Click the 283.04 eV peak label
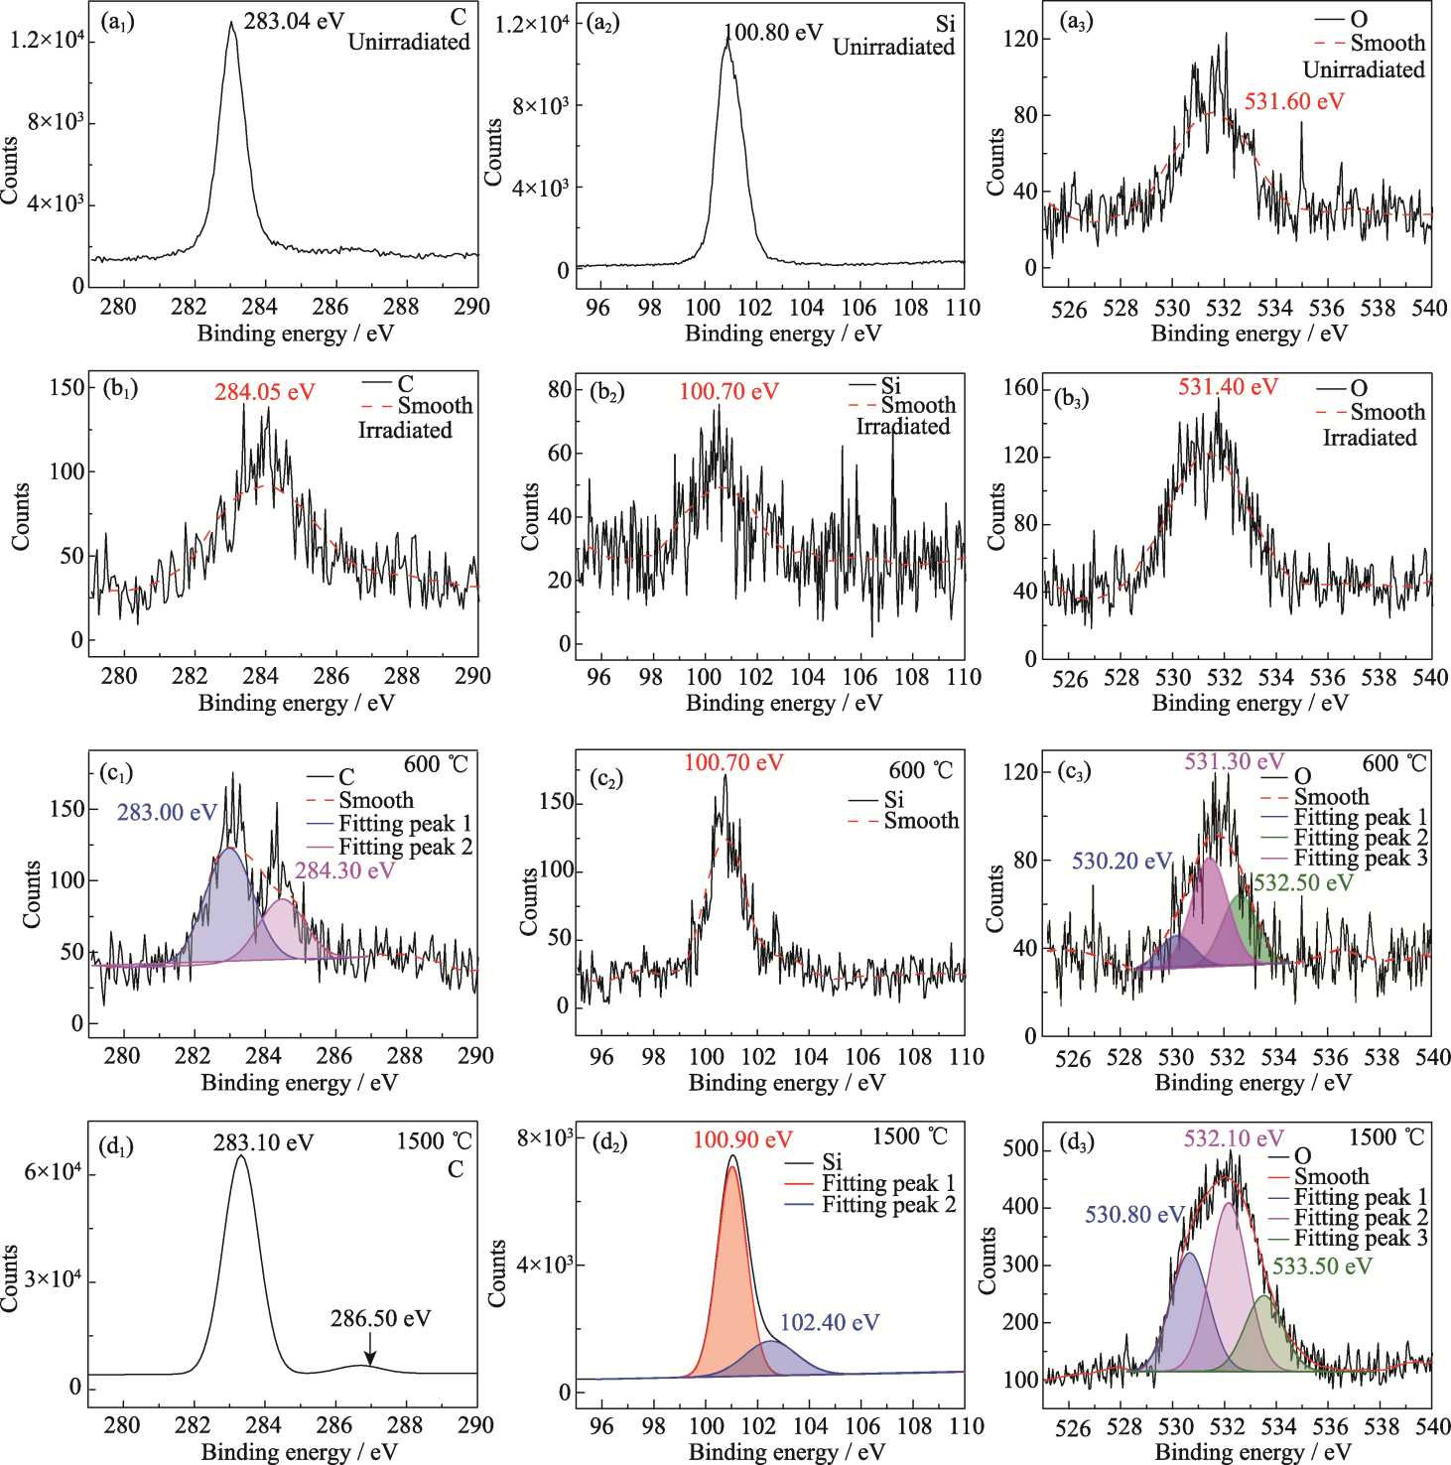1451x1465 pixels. pyautogui.click(x=293, y=21)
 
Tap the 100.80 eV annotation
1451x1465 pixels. pyautogui.click(x=774, y=33)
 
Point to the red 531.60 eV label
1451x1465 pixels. pyautogui.click(x=1294, y=101)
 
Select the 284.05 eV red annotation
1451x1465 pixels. pyautogui.click(x=264, y=392)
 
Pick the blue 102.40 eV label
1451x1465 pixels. pyautogui.click(x=830, y=1322)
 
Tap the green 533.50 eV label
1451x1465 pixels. pyautogui.click(x=1322, y=1266)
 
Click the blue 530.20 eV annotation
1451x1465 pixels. pyautogui.click(x=1121, y=861)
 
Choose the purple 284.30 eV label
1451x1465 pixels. pyautogui.click(x=344, y=870)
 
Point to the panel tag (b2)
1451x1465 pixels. pyautogui.click(x=606, y=391)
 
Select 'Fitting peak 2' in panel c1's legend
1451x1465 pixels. pyautogui.click(x=405, y=847)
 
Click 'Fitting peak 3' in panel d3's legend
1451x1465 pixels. pyautogui.click(x=1361, y=1238)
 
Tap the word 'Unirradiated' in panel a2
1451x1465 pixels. pyautogui.click(x=893, y=47)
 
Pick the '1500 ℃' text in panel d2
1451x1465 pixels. pyautogui.click(x=910, y=1136)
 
